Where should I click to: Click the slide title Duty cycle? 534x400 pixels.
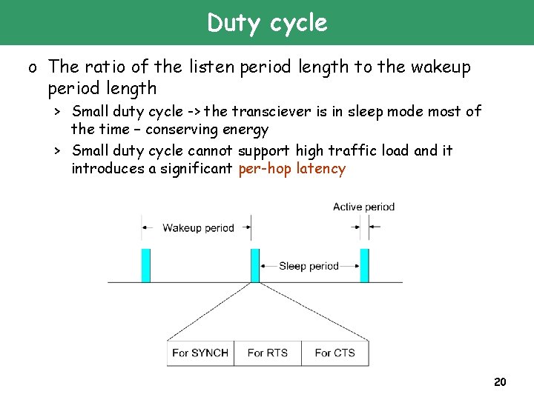click(x=267, y=23)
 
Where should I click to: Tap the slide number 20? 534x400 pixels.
click(x=500, y=382)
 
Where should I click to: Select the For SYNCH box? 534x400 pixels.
click(x=200, y=353)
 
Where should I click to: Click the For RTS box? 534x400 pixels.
click(x=267, y=353)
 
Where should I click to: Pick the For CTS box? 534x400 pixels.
click(x=334, y=353)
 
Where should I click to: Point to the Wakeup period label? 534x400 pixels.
click(x=198, y=228)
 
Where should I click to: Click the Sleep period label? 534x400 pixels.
click(x=309, y=266)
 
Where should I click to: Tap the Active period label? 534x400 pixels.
click(x=363, y=207)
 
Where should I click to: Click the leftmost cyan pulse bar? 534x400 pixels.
click(x=146, y=265)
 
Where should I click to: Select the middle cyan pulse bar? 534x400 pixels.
click(x=255, y=265)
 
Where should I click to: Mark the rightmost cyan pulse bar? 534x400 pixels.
click(x=364, y=265)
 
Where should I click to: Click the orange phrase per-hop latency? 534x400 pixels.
click(x=292, y=169)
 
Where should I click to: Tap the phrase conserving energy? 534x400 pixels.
click(x=207, y=130)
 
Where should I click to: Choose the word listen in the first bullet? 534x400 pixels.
click(x=211, y=67)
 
